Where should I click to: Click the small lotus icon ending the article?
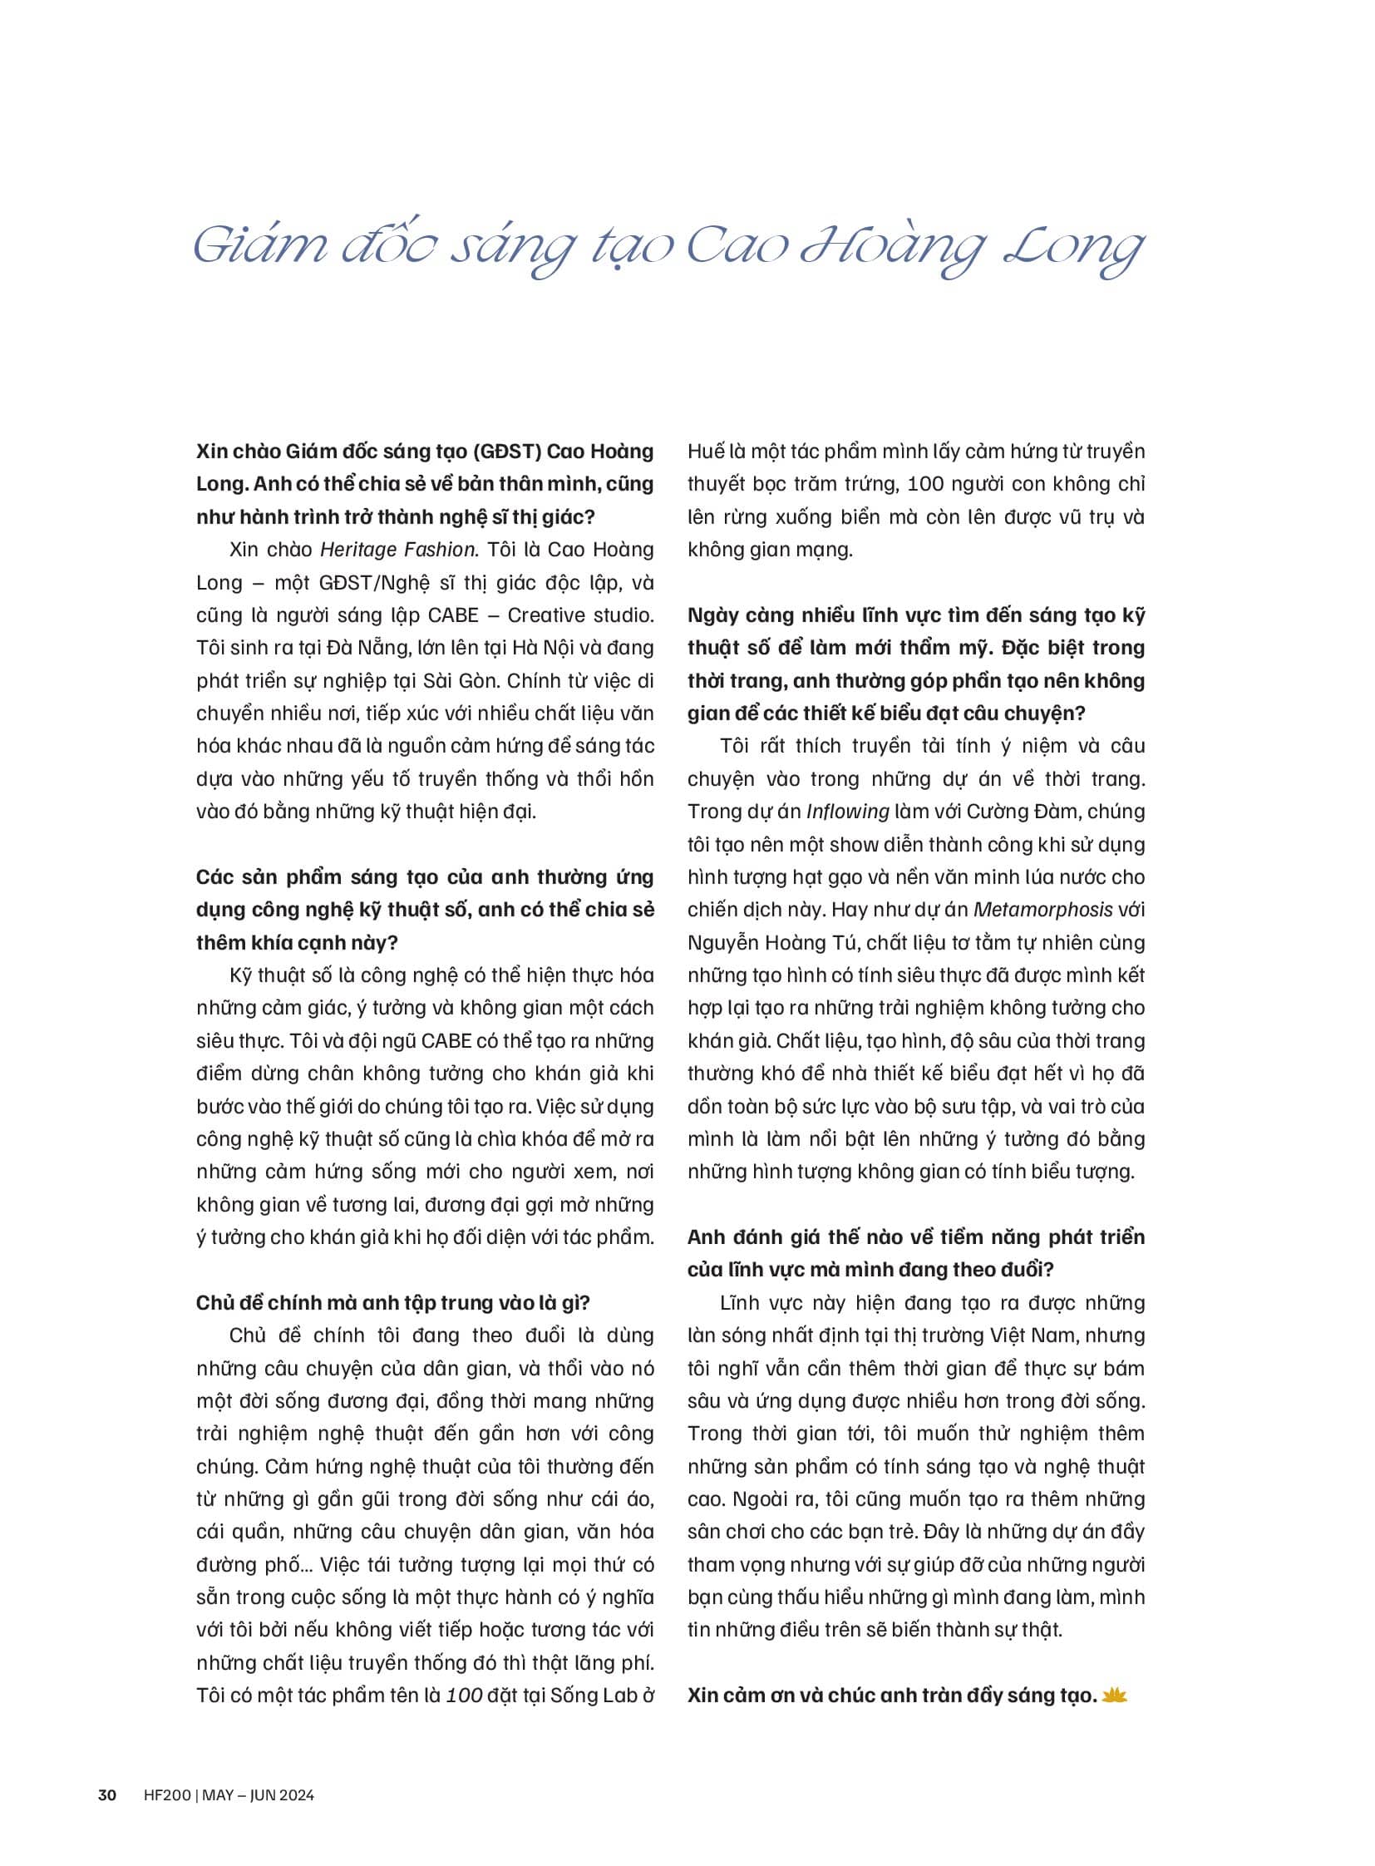pyautogui.click(x=1114, y=1695)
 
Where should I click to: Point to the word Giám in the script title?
pyautogui.click(x=259, y=248)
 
